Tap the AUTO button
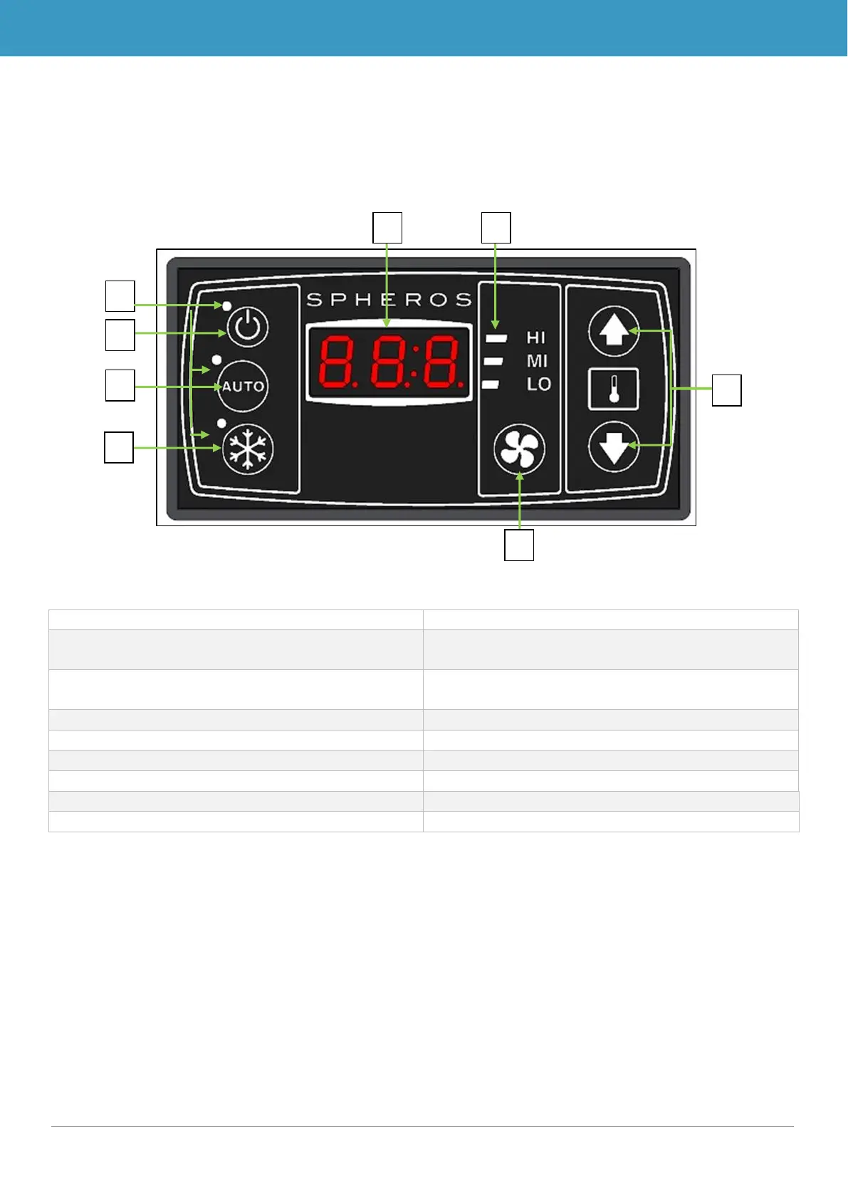pyautogui.click(x=243, y=387)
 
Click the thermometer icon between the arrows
pyautogui.click(x=613, y=389)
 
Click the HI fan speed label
pyautogui.click(x=536, y=337)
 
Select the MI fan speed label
pyautogui.click(x=537, y=361)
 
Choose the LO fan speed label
pyautogui.click(x=538, y=384)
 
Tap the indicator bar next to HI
pyautogui.click(x=496, y=338)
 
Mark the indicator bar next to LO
pyautogui.click(x=491, y=385)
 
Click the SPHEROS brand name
pyautogui.click(x=389, y=300)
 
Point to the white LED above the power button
pyautogui.click(x=226, y=305)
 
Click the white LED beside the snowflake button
pyautogui.click(x=221, y=424)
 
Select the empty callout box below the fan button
pyautogui.click(x=519, y=545)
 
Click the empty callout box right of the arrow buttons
pyautogui.click(x=727, y=390)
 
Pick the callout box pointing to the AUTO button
pyautogui.click(x=120, y=385)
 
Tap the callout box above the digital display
pyautogui.click(x=388, y=228)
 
